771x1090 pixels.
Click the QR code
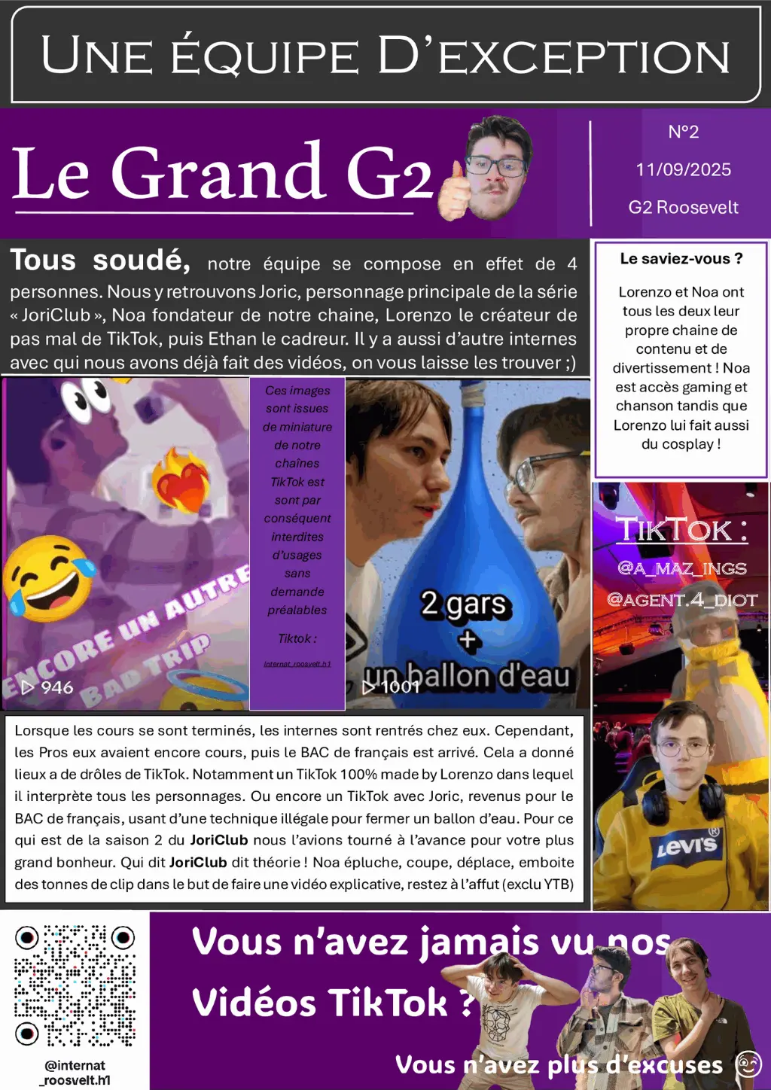pyautogui.click(x=75, y=985)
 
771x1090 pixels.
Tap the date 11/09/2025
pyautogui.click(x=683, y=169)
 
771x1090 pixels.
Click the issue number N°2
pyautogui.click(x=683, y=132)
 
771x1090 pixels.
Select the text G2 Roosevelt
pyautogui.click(x=683, y=207)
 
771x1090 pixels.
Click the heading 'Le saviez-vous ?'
pyautogui.click(x=681, y=259)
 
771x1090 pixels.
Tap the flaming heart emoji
pyautogui.click(x=181, y=482)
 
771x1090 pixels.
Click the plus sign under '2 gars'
pyautogui.click(x=468, y=640)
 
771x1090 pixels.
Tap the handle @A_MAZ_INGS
pyautogui.click(x=681, y=568)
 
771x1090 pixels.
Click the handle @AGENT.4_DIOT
pyautogui.click(x=681, y=600)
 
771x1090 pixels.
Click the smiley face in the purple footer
pyautogui.click(x=748, y=1064)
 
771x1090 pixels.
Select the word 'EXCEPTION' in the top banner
pyautogui.click(x=584, y=56)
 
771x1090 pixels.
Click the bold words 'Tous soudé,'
pyautogui.click(x=100, y=260)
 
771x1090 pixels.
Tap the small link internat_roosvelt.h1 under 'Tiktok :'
pyautogui.click(x=297, y=664)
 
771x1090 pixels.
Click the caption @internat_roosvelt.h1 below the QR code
pyautogui.click(x=75, y=1073)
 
